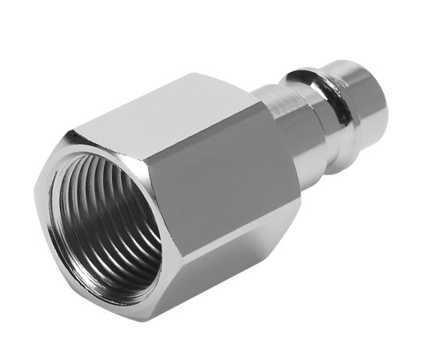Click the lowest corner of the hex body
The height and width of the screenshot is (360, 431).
click(151, 321)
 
